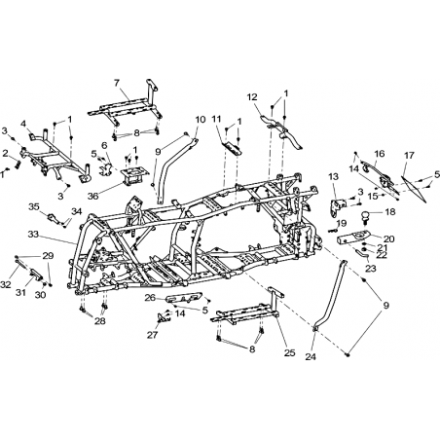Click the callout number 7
click(117, 83)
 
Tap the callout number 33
click(33, 234)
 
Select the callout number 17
click(409, 156)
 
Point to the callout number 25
click(289, 352)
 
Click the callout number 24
click(311, 356)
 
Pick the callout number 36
click(92, 196)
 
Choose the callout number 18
click(390, 212)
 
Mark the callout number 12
click(252, 97)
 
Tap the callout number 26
click(150, 297)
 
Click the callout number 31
click(20, 292)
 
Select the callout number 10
click(201, 120)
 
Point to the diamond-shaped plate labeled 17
click(413, 189)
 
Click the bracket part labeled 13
click(338, 207)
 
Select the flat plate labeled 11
click(231, 147)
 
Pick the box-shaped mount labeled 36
click(133, 175)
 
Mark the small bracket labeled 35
click(55, 218)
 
